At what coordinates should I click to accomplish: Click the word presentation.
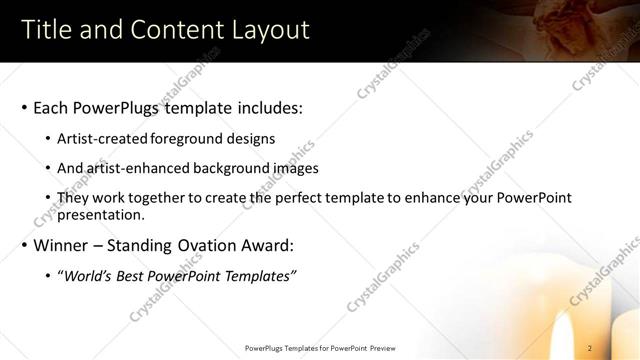pyautogui.click(x=101, y=214)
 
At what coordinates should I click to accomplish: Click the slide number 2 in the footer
pyautogui.click(x=590, y=348)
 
